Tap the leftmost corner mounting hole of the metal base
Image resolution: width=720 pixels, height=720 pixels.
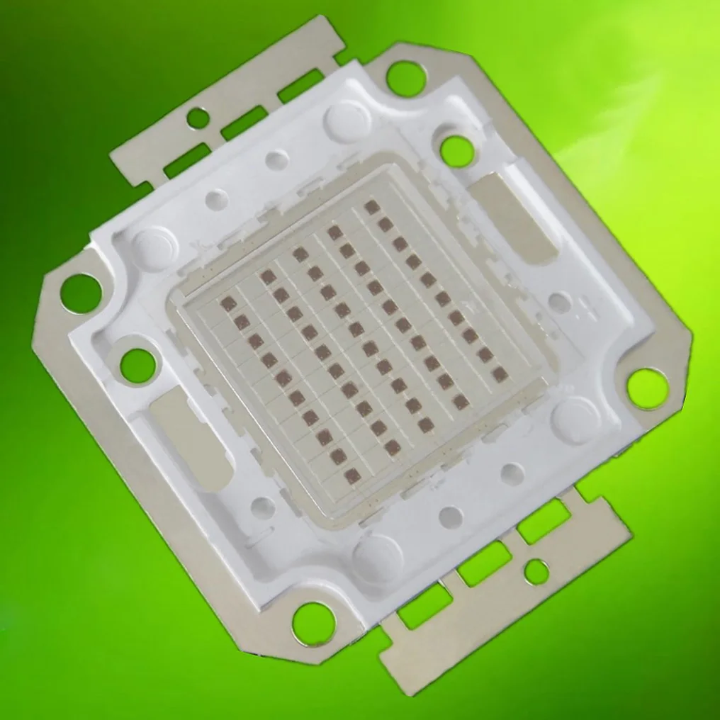tap(80, 293)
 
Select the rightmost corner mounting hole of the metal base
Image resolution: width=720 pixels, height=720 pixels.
tap(646, 388)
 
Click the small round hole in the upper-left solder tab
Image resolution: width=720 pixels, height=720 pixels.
tap(198, 118)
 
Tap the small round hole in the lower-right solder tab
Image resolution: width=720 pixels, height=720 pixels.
tap(536, 571)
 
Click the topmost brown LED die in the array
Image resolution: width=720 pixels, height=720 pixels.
tap(371, 206)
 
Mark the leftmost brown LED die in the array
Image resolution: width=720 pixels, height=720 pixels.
tap(229, 304)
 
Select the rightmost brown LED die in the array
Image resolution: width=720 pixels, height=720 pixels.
tap(500, 373)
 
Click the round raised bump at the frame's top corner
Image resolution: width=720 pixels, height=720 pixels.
tap(347, 119)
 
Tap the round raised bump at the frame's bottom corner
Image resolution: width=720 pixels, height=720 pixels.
tap(375, 553)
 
